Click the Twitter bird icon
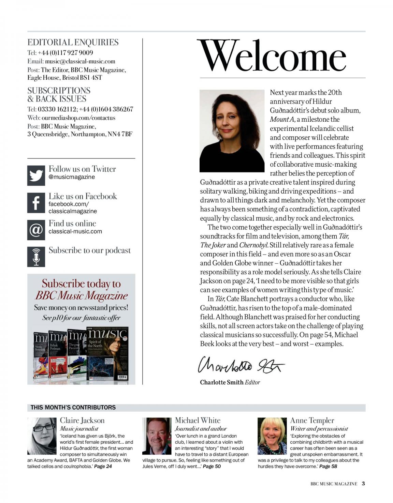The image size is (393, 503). point(36,176)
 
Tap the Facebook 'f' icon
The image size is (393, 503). point(36,203)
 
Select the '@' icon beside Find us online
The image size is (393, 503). point(36,230)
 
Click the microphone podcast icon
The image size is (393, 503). point(36,257)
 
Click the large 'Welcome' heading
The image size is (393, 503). point(272,57)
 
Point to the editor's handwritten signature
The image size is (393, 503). point(241,365)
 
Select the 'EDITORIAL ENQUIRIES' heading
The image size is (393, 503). point(73,43)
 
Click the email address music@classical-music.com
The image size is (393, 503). point(80,61)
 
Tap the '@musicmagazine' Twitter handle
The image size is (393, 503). point(72,177)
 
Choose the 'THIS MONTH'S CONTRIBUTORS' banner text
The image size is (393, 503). point(73,407)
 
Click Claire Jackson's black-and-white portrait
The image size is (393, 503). point(42,436)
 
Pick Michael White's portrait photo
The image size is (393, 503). point(157,436)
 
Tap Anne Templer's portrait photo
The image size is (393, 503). point(272,436)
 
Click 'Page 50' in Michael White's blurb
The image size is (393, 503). point(212,466)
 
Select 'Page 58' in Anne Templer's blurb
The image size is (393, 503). point(328,466)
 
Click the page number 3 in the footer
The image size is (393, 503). point(363,483)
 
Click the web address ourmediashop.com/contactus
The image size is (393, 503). point(78,118)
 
